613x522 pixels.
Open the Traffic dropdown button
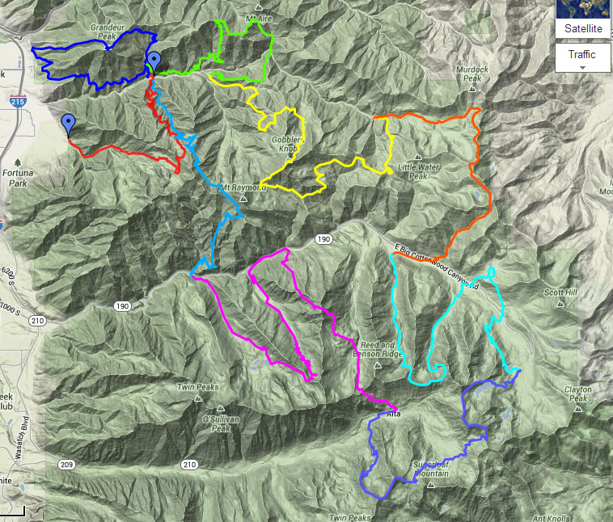pyautogui.click(x=581, y=57)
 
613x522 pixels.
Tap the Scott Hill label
pyautogui.click(x=559, y=293)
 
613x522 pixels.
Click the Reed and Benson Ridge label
pyautogui.click(x=377, y=350)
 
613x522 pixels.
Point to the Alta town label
pyautogui.click(x=394, y=414)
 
